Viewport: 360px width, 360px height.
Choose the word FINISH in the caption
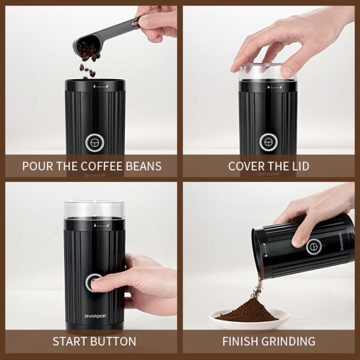coord(242,341)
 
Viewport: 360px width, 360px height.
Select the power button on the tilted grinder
coord(313,246)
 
